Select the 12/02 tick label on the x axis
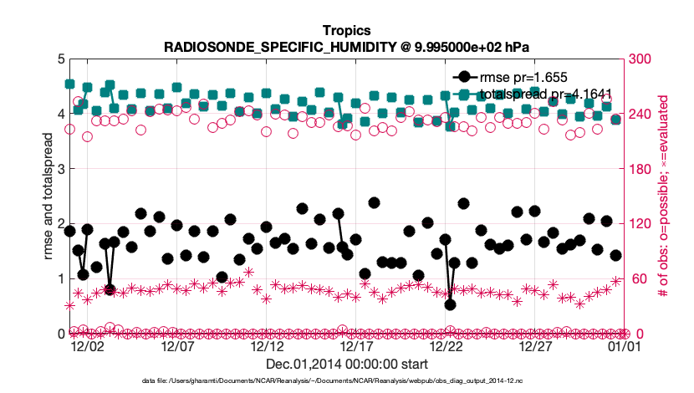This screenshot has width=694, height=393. [x=87, y=345]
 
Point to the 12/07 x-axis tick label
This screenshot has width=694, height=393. [x=177, y=345]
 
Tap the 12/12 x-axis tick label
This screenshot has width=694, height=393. [x=267, y=345]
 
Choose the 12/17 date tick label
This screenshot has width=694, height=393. [x=357, y=345]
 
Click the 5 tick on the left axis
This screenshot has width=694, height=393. [x=59, y=59]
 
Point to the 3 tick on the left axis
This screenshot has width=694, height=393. [x=59, y=169]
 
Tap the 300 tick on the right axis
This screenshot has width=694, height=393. [x=640, y=59]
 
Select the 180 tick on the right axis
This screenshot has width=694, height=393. [x=640, y=169]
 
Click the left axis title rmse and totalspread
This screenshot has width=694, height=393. [x=48, y=196]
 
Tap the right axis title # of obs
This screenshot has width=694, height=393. [x=662, y=196]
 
